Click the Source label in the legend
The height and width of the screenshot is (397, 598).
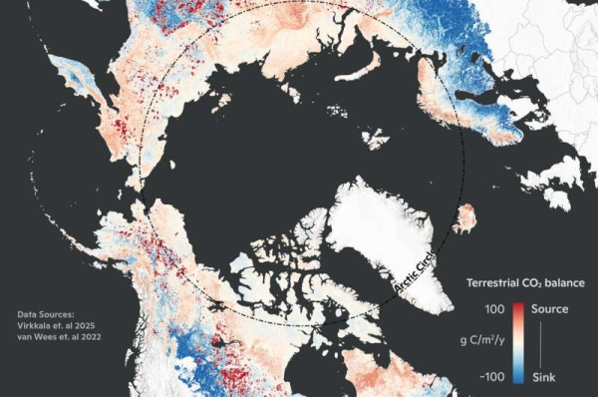click(549, 309)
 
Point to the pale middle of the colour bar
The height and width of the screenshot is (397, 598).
click(519, 342)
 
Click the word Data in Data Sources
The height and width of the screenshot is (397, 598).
click(28, 315)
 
